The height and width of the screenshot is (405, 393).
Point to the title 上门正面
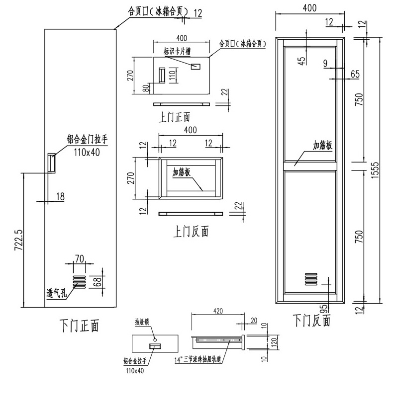(x=174, y=117)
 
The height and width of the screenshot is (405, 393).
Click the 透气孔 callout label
(x=56, y=293)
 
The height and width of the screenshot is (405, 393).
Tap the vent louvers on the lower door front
(x=79, y=281)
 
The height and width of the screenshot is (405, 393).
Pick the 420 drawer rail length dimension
(x=218, y=312)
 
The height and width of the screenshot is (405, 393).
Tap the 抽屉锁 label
(x=143, y=322)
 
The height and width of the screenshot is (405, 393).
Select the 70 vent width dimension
(x=79, y=258)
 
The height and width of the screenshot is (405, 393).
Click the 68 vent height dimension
(x=98, y=282)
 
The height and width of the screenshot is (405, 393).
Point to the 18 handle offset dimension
(x=60, y=196)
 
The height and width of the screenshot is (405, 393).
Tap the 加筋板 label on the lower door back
(x=322, y=146)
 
